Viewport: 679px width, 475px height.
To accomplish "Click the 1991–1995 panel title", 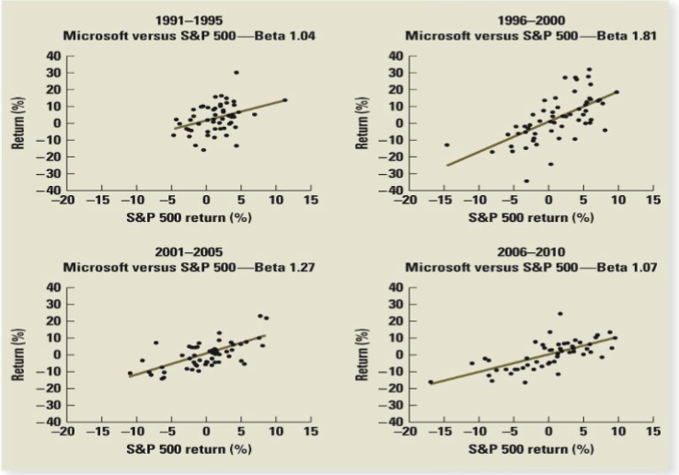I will [187, 20].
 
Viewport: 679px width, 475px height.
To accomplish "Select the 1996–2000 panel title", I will [531, 20].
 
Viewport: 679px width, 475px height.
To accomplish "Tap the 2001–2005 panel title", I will [187, 252].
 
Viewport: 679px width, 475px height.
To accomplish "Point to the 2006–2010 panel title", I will [531, 252].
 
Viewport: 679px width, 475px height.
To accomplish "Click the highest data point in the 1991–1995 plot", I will [236, 72].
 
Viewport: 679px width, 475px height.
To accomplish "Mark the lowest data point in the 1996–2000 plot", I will [526, 180].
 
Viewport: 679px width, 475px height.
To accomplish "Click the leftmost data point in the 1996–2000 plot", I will [447, 145].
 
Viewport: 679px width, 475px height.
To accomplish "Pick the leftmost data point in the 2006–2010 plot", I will [430, 382].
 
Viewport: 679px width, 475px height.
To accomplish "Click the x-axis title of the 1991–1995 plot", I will [187, 217].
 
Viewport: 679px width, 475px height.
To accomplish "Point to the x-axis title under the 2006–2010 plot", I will [531, 449].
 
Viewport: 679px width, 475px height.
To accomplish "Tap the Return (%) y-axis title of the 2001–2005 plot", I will [20, 355].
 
